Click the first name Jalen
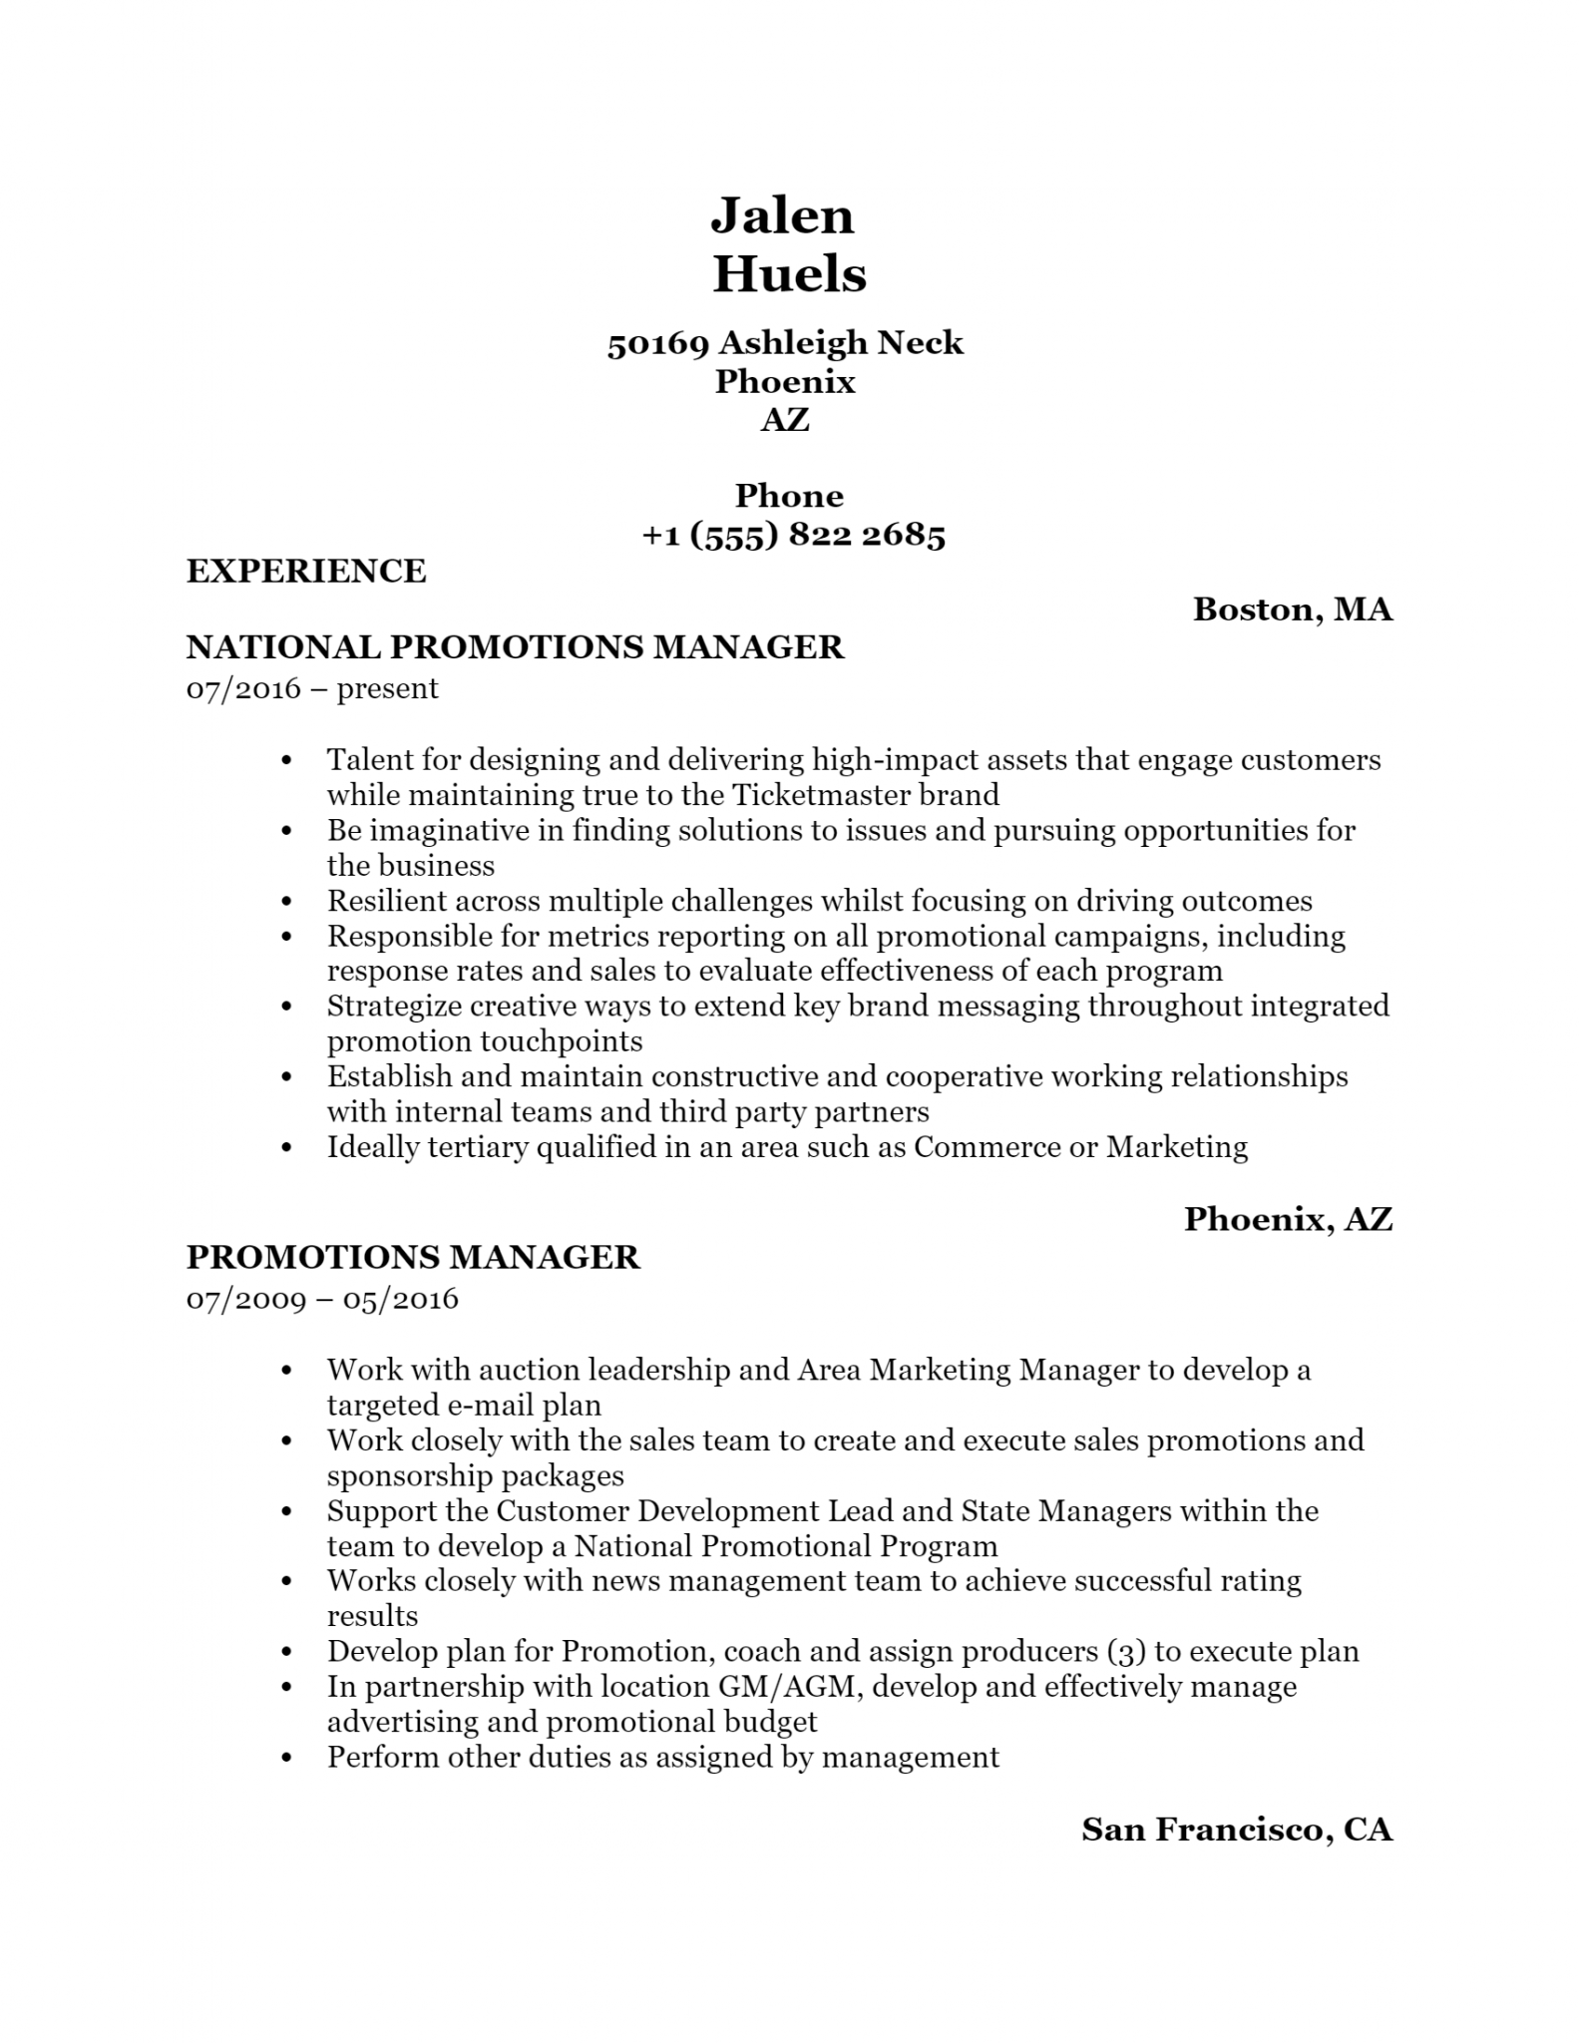click(x=782, y=216)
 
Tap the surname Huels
click(x=789, y=274)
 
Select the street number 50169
click(x=657, y=343)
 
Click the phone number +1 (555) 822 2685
click(x=793, y=536)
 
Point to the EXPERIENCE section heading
click(x=306, y=571)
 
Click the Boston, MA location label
click(x=1292, y=609)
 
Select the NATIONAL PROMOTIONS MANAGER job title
click(x=515, y=647)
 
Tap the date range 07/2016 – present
click(x=312, y=688)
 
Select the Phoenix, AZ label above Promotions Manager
click(x=1288, y=1218)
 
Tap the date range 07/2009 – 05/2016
click(x=322, y=1298)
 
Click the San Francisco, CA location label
click(x=1237, y=1829)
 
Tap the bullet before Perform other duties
click(x=287, y=1758)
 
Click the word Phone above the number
click(x=789, y=496)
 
